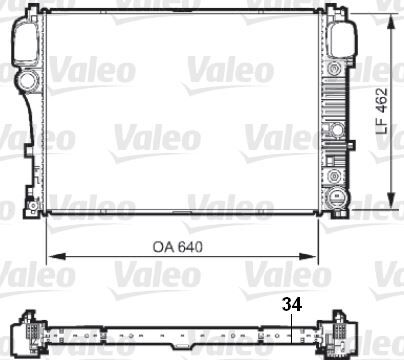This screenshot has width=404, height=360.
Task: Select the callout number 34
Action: [290, 302]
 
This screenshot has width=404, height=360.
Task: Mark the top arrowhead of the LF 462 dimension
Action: [387, 24]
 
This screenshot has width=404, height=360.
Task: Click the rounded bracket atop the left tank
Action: [27, 37]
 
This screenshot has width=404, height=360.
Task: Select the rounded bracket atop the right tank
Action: [342, 37]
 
